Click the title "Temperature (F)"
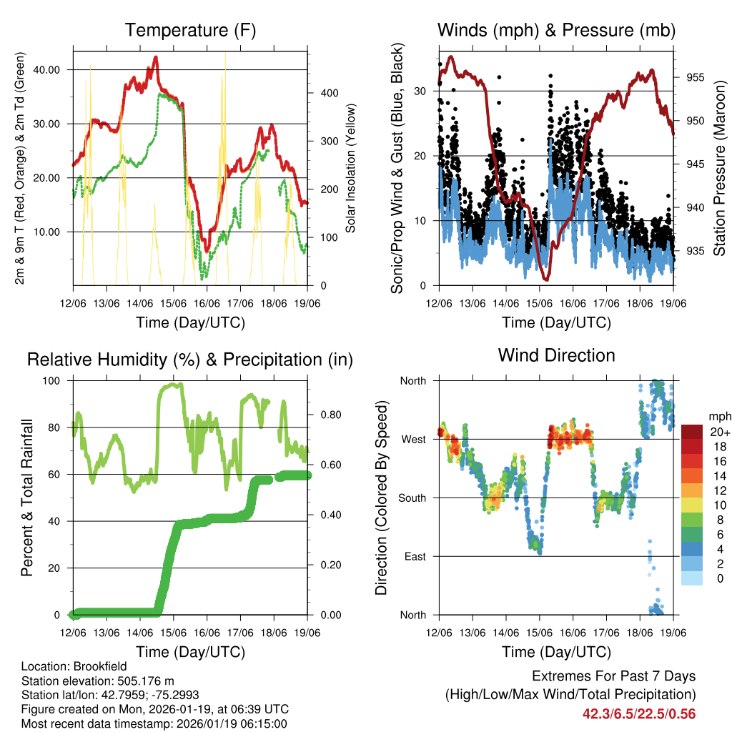click(190, 30)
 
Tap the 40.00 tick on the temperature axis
click(54, 69)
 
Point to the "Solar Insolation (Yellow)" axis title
click(351, 168)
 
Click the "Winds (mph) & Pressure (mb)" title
click(556, 30)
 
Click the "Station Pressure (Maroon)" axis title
click(720, 167)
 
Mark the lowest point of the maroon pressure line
click(545, 279)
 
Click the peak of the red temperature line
click(156, 57)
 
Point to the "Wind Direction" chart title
click(556, 355)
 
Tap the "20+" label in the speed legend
click(718, 432)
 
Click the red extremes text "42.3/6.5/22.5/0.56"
click(639, 714)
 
